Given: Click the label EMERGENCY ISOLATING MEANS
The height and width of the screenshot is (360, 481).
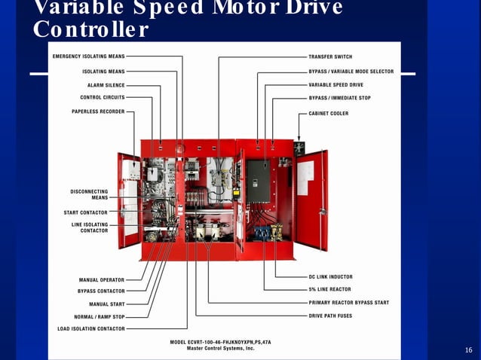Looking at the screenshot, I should (x=88, y=56).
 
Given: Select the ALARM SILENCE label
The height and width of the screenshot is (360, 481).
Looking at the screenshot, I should (x=106, y=85).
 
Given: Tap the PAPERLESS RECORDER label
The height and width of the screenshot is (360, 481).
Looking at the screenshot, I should (x=94, y=111).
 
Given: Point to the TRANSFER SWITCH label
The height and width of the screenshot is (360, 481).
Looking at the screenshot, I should (x=330, y=56).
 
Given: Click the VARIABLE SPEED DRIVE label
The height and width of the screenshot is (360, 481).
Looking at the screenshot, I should (x=335, y=85).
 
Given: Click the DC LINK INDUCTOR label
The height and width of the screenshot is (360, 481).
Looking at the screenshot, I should (x=330, y=277).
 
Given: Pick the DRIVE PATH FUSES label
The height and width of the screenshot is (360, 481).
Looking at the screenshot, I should (x=331, y=316).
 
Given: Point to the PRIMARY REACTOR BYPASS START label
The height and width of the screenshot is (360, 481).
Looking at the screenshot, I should (x=348, y=303).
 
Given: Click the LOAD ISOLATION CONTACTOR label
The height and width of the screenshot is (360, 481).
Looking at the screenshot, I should (x=91, y=328).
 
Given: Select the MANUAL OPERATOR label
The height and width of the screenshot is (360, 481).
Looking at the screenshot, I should (x=102, y=279).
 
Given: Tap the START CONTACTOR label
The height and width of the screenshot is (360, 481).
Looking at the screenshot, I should (x=85, y=212).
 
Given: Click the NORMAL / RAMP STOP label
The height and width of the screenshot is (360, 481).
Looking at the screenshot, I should (x=100, y=316).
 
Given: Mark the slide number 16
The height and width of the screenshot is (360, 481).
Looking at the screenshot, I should (x=468, y=351).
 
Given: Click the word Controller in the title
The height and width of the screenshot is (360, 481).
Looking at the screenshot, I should (x=90, y=30).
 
